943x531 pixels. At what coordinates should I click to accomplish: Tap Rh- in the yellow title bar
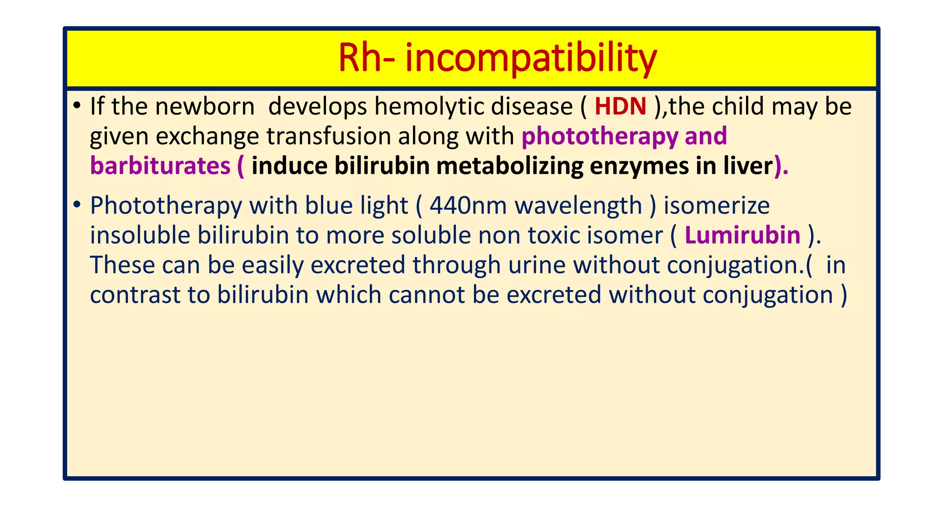click(x=366, y=59)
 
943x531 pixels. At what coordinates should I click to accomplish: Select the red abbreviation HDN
click(x=620, y=106)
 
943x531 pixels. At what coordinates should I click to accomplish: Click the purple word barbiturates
click(x=160, y=166)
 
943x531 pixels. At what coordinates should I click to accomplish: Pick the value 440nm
click(x=468, y=206)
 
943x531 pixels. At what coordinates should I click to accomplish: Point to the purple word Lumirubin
click(x=742, y=235)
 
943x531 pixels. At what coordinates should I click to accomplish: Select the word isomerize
click(x=716, y=206)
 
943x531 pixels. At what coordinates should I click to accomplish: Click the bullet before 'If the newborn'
click(x=77, y=106)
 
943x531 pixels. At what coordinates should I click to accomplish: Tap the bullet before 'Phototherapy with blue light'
click(x=77, y=205)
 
